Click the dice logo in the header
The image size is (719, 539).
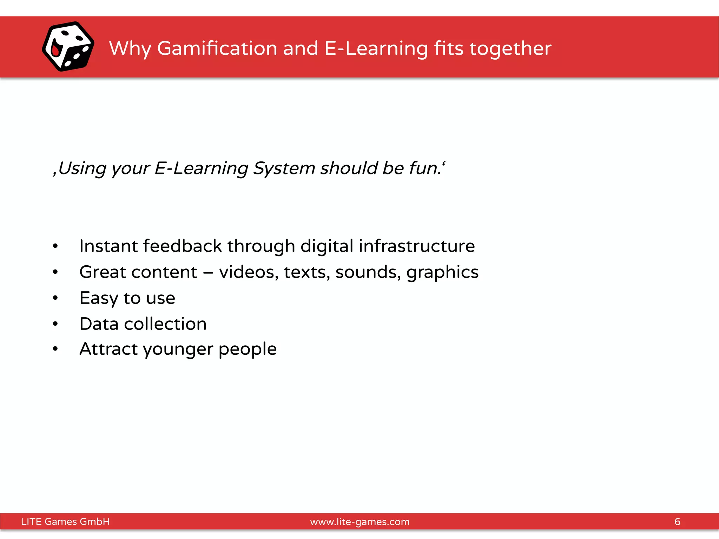(x=68, y=47)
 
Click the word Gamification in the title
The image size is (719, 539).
(x=217, y=48)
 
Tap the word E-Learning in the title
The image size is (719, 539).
(x=376, y=49)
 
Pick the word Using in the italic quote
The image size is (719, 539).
(x=82, y=168)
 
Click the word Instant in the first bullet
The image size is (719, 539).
(x=108, y=246)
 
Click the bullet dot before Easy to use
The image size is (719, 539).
(x=55, y=298)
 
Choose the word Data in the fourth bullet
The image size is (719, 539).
(x=99, y=324)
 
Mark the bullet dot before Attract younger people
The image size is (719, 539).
(x=55, y=349)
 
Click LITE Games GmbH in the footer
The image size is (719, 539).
(x=65, y=521)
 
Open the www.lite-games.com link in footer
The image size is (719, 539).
(x=359, y=522)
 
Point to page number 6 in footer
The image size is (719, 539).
(x=677, y=521)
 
